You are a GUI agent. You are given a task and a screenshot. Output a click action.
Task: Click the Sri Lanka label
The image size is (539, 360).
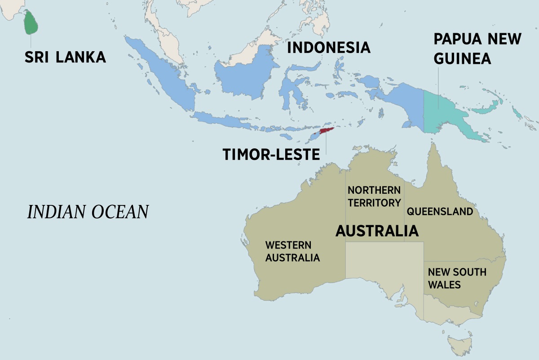[65, 57]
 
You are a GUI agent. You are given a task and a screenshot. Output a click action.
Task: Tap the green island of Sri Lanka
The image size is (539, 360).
[30, 23]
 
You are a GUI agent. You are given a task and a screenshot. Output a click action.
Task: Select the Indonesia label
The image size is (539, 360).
[329, 48]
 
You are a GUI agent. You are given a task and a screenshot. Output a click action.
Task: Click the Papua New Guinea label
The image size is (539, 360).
[477, 49]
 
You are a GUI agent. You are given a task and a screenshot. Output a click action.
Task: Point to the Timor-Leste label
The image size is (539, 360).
[271, 155]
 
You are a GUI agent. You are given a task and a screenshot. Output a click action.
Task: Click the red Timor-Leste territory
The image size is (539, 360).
[326, 131]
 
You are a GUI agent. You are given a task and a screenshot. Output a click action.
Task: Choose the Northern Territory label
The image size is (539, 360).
[374, 196]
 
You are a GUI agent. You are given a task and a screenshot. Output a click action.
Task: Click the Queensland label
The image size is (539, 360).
[440, 211]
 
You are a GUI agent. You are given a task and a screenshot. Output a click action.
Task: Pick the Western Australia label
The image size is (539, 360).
[292, 252]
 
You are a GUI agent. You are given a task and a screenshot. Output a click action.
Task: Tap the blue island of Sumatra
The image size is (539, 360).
[162, 76]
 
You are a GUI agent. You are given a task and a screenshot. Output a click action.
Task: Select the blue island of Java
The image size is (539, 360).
[225, 120]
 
